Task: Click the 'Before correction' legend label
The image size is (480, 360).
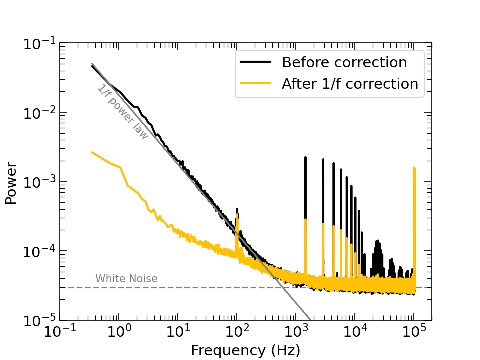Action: (344, 63)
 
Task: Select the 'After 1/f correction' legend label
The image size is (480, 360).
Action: (350, 84)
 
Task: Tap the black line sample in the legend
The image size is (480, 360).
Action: (255, 63)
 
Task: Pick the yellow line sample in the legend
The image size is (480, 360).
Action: (255, 84)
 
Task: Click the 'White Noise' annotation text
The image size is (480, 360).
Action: (126, 279)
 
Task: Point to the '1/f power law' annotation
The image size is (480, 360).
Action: (123, 112)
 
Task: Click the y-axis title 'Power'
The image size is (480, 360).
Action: (11, 183)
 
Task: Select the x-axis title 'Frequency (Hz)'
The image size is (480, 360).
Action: (245, 350)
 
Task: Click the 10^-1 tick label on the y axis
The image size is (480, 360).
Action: (39, 44)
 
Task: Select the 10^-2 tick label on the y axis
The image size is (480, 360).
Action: (39, 113)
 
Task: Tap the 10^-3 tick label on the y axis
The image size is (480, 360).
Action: (39, 182)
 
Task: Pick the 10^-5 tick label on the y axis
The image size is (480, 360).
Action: (39, 320)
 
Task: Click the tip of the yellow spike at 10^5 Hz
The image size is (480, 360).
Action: (414, 168)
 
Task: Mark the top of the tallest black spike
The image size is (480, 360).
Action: (305, 157)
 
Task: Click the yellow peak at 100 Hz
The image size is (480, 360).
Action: (237, 214)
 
